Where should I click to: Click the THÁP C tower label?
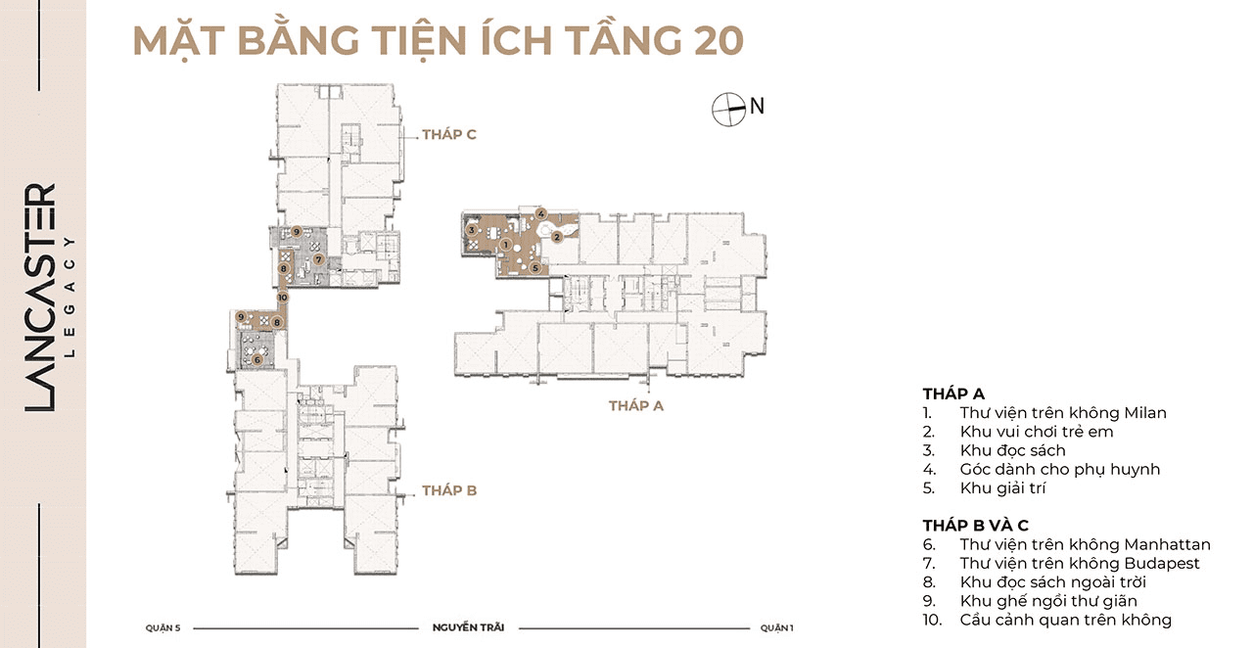[x=449, y=134]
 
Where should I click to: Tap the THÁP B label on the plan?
[x=449, y=490]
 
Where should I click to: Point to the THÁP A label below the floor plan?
[x=636, y=405]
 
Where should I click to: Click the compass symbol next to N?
[x=729, y=109]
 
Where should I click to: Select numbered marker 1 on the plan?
[x=506, y=245]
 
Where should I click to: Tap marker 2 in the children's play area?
[x=557, y=237]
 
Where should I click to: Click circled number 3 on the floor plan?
[x=472, y=229]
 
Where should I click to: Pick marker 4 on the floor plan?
[x=540, y=213]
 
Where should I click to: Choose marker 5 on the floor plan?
[x=535, y=268]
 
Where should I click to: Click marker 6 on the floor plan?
[x=257, y=360]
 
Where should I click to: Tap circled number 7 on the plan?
[x=318, y=259]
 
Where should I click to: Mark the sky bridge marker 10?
[x=282, y=298]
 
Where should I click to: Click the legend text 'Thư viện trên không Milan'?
[x=1063, y=413]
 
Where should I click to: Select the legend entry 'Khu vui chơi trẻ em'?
[x=1037, y=432]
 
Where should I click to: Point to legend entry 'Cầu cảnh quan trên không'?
[x=1066, y=620]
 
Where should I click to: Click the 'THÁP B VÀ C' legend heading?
[x=976, y=526]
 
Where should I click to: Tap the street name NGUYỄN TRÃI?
[x=468, y=627]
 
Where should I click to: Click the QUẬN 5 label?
[x=162, y=627]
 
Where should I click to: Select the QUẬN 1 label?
[x=777, y=627]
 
